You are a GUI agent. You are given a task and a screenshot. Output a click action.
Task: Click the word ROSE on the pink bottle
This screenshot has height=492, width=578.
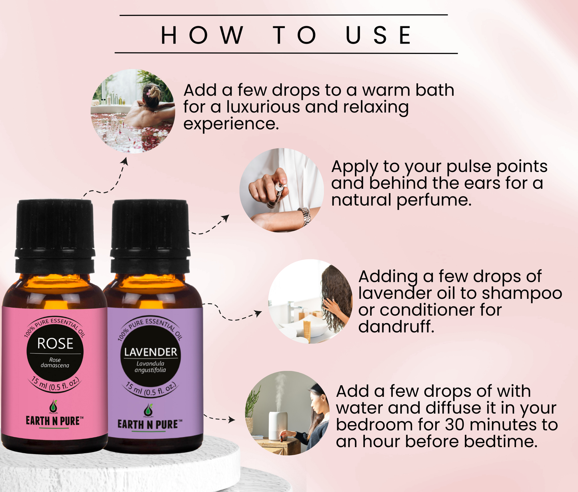(55, 343)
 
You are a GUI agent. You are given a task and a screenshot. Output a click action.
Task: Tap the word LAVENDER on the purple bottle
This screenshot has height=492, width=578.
(151, 352)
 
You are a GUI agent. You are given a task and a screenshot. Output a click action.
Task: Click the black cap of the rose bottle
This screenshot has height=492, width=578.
(55, 237)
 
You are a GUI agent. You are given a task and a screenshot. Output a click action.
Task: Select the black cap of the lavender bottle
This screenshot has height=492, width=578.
(150, 237)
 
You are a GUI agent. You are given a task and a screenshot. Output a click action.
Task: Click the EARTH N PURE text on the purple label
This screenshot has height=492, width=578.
(150, 424)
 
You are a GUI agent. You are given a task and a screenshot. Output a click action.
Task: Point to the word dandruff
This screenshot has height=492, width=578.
(396, 326)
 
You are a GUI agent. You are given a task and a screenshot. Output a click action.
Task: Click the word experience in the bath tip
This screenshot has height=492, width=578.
(231, 124)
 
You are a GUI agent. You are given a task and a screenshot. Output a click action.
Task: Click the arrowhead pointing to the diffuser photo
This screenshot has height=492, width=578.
(232, 420)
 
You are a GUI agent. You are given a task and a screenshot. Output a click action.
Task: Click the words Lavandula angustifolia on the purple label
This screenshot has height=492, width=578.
(150, 367)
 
